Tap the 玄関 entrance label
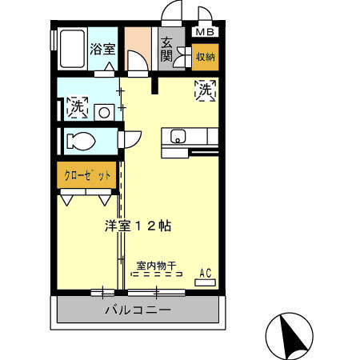coord(166,50)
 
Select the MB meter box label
coord(205,33)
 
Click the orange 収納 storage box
coord(205,58)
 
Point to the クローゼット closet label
coord(82,175)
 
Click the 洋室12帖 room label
coord(138,226)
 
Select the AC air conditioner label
coord(205,274)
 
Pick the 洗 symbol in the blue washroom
coord(77,106)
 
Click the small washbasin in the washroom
coord(103,113)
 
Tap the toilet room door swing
coord(126,141)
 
